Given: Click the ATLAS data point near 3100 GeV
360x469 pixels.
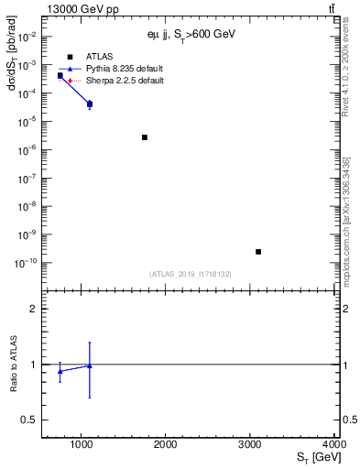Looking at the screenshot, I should (258, 251).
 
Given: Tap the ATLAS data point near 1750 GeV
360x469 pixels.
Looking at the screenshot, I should (145, 137).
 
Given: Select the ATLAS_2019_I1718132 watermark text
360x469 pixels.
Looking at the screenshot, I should (191, 274).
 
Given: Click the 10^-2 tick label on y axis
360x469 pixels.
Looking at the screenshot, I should (25, 37).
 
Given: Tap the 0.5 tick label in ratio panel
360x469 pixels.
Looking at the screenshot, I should (28, 420).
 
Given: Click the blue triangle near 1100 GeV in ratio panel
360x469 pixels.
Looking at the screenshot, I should (89, 365).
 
